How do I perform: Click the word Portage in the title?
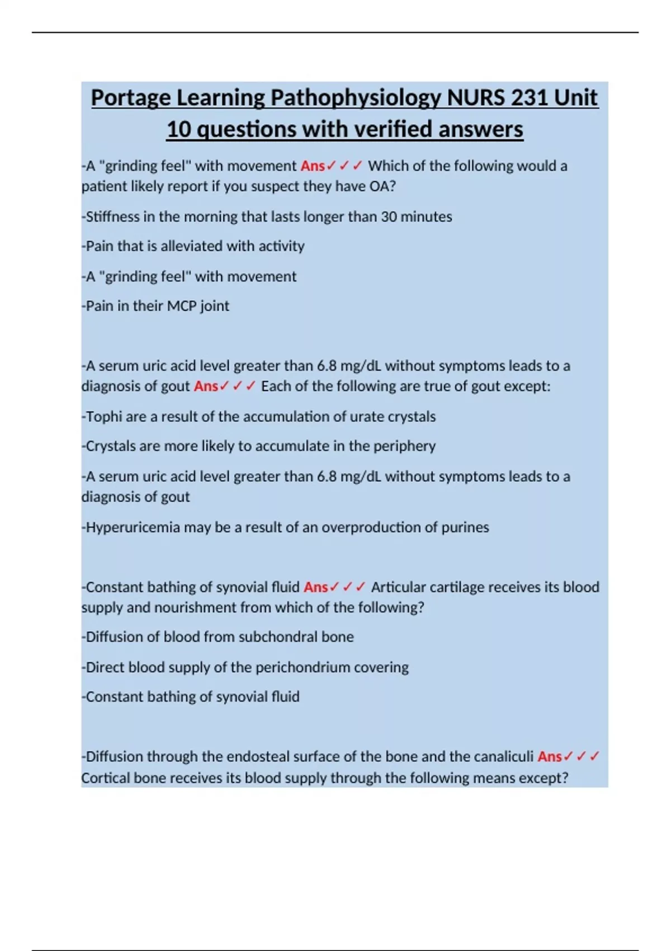pos(131,98)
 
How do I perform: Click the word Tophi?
pos(103,417)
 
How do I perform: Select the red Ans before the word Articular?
pos(315,587)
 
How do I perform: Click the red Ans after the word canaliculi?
pos(550,757)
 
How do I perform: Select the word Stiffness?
pos(112,216)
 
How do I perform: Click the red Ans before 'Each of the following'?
pos(206,387)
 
